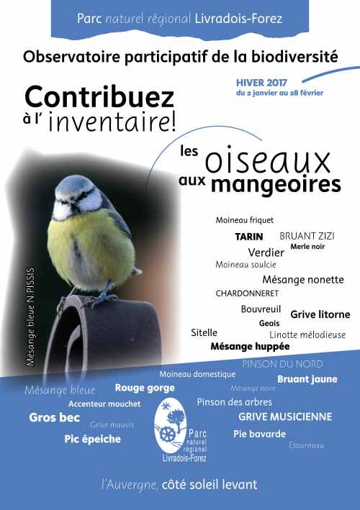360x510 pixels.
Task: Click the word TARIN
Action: pyautogui.click(x=249, y=236)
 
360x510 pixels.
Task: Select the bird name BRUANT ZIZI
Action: pyautogui.click(x=307, y=235)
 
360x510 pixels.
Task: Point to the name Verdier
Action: pyautogui.click(x=266, y=252)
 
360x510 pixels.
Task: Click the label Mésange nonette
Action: pyautogui.click(x=302, y=280)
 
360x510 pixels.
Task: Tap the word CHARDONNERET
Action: pyautogui.click(x=247, y=293)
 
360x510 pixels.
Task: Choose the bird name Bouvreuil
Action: pyautogui.click(x=261, y=309)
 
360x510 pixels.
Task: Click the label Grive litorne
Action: pyautogui.click(x=320, y=314)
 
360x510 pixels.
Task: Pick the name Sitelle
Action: pyautogui.click(x=204, y=333)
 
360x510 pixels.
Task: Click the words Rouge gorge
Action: pyautogui.click(x=144, y=388)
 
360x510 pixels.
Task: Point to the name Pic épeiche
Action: pyautogui.click(x=92, y=439)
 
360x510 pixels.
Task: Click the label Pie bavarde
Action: pyautogui.click(x=259, y=434)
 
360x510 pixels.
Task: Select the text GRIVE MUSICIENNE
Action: pyautogui.click(x=285, y=416)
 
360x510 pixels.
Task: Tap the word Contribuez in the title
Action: pyautogui.click(x=99, y=97)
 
